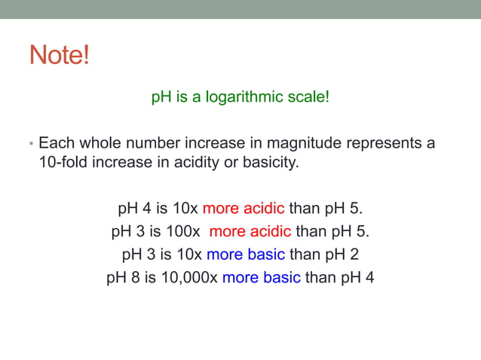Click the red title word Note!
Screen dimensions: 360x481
click(59, 55)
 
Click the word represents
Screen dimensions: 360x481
click(378, 142)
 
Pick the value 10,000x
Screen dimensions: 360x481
click(188, 277)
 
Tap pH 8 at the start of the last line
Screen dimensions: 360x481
click(122, 277)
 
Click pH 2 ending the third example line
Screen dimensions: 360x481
click(341, 254)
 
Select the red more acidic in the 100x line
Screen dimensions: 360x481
click(250, 230)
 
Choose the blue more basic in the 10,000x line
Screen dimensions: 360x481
click(261, 277)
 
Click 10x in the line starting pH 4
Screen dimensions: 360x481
click(185, 208)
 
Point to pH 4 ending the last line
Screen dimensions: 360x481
click(357, 277)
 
